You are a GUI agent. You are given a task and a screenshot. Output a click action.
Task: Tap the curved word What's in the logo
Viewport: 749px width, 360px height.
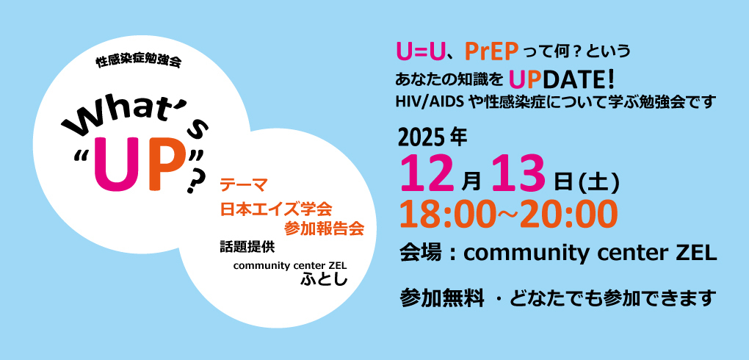click(136, 121)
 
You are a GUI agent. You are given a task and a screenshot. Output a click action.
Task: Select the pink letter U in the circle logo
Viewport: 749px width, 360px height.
click(113, 165)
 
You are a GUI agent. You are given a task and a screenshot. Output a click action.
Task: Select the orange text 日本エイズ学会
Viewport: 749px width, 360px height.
click(277, 208)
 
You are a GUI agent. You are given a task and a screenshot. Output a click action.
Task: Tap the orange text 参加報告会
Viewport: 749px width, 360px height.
click(324, 228)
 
